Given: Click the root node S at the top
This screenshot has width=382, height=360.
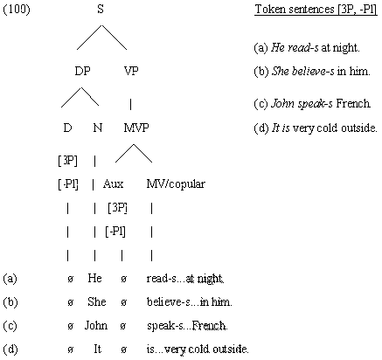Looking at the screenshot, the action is coord(101,9).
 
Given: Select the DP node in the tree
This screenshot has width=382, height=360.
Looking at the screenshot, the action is coord(83,71).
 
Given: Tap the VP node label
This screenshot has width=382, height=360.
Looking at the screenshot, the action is coord(131,71).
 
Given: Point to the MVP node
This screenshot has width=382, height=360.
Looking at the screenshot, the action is coord(136,128).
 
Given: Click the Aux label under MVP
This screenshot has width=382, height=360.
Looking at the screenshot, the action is coord(113,183).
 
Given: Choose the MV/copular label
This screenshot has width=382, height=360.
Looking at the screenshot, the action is coord(176,183).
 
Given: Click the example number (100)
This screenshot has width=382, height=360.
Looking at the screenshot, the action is coord(17,10).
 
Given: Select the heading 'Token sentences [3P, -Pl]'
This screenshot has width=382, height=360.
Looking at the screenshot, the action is coord(316,10).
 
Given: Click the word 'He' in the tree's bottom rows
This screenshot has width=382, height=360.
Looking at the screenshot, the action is coord(94,278).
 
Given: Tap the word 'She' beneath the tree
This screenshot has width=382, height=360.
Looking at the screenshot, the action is coord(96,301).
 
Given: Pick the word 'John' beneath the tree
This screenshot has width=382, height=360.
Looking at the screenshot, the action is coord(96,325).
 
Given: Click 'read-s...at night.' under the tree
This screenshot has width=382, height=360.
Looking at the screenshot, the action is coord(185,279).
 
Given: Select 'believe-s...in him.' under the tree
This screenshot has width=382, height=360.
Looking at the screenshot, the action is coord(189,301).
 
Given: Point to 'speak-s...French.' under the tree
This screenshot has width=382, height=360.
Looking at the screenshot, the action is coord(187,326).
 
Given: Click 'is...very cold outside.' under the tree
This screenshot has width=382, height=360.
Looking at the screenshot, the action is coord(198,349).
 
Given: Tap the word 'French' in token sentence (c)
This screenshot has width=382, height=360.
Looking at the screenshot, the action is coord(353,103).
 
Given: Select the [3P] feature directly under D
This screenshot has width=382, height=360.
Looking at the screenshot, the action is coord(68,160).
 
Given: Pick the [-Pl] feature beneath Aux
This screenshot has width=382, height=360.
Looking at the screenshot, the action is coord(115,232).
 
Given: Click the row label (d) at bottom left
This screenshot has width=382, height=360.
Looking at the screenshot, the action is coord(10,349).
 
